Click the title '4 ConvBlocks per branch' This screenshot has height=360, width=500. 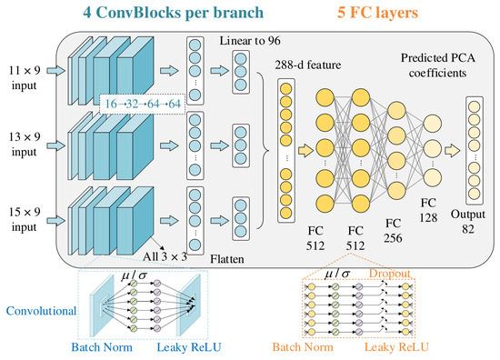click(173, 13)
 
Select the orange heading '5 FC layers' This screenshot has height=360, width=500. click(378, 13)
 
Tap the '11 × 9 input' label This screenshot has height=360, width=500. click(25, 77)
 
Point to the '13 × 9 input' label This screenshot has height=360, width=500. click(25, 145)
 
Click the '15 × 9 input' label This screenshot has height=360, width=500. click(25, 219)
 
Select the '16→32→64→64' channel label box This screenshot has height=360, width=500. click(143, 104)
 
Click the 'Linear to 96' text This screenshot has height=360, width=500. click(250, 41)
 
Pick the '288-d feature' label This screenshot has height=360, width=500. click(308, 65)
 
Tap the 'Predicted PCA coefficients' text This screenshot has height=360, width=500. click(438, 65)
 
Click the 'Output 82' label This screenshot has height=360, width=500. click(468, 221)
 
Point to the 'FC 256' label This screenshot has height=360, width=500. click(393, 231)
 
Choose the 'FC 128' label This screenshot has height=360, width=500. click(428, 210)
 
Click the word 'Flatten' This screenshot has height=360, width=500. click(227, 259)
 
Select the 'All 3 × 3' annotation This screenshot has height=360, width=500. click(165, 256)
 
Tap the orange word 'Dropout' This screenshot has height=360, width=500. click(390, 274)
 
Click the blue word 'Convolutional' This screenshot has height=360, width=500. click(41, 311)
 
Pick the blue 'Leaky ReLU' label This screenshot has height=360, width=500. click(189, 347)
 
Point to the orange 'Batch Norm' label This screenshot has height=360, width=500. click(303, 347)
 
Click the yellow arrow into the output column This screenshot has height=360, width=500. click(453, 151)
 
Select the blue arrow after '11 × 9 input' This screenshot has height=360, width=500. click(55, 71)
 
